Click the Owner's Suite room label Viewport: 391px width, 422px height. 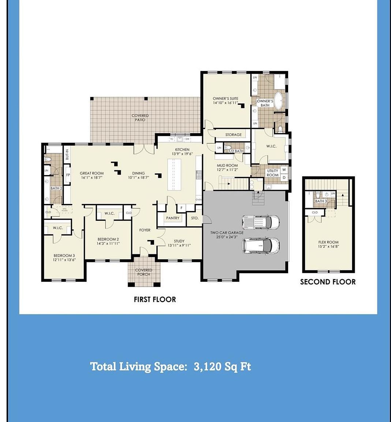click(x=225, y=99)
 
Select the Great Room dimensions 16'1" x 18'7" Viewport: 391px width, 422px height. click(x=92, y=178)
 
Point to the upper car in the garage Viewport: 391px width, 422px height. click(x=261, y=222)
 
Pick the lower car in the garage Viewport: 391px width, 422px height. click(x=261, y=245)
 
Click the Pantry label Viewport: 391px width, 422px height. click(x=172, y=218)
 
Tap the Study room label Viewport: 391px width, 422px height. click(x=179, y=241)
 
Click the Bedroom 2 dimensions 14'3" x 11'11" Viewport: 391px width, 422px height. click(x=108, y=244)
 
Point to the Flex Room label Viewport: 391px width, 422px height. click(x=328, y=242)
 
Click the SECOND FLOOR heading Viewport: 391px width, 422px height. click(x=328, y=282)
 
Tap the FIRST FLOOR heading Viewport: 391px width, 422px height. click(x=154, y=299)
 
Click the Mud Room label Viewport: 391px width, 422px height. click(x=227, y=166)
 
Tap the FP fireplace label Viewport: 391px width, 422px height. click(x=68, y=175)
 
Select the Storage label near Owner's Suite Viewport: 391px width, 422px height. click(x=233, y=135)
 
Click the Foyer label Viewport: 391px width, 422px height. click(x=145, y=230)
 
